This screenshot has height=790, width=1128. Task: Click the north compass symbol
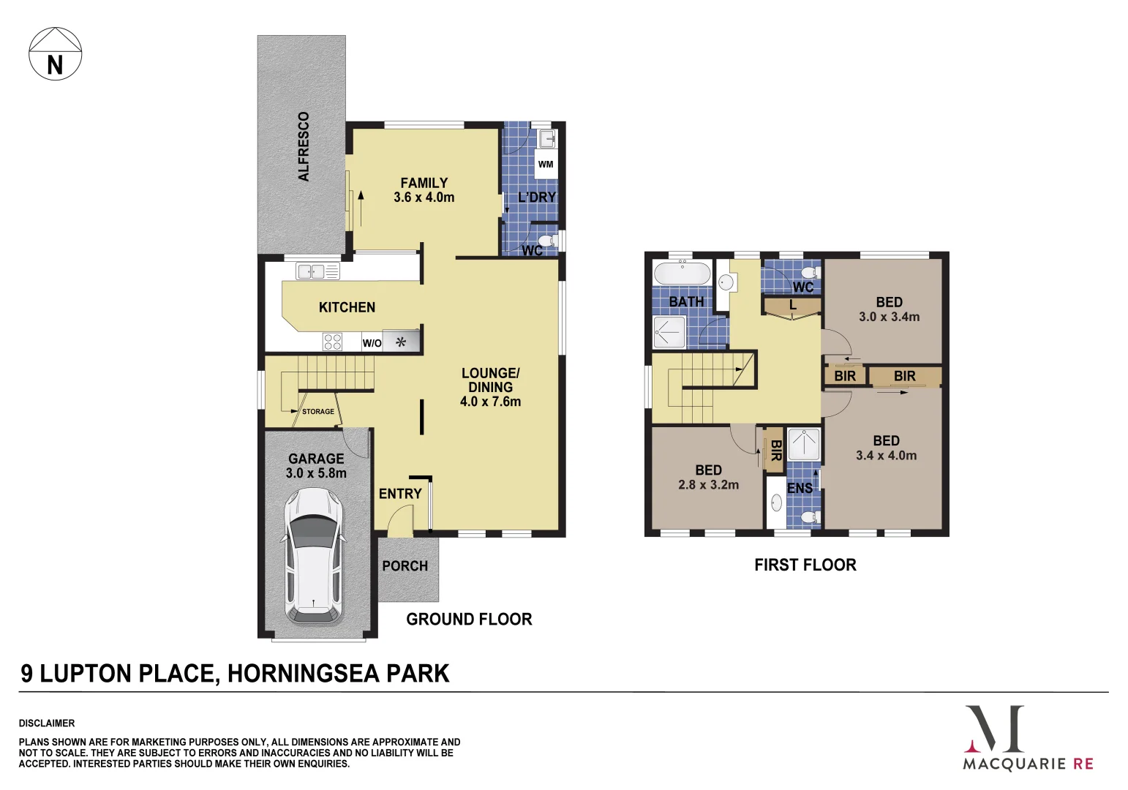[x=55, y=54]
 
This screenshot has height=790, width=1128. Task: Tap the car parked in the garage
[x=315, y=555]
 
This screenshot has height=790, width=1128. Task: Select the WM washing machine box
[x=546, y=164]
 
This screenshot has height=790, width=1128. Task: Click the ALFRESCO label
[x=304, y=146]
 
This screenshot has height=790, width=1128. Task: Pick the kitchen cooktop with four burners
[x=332, y=342]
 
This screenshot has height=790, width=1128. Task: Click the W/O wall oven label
[x=372, y=343]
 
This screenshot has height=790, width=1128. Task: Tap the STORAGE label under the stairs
[x=318, y=412]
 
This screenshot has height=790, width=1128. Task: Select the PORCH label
[x=405, y=566]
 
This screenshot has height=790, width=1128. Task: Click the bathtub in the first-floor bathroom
[x=682, y=274]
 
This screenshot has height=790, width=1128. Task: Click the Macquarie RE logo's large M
[x=995, y=729]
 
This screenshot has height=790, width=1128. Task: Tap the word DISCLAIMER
[x=47, y=723]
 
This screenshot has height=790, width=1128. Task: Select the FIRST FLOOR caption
[x=805, y=565]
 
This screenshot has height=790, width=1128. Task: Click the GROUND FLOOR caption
[x=469, y=620]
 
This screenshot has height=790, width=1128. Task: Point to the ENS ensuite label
[x=800, y=488]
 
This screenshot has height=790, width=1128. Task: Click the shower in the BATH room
[x=669, y=332]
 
